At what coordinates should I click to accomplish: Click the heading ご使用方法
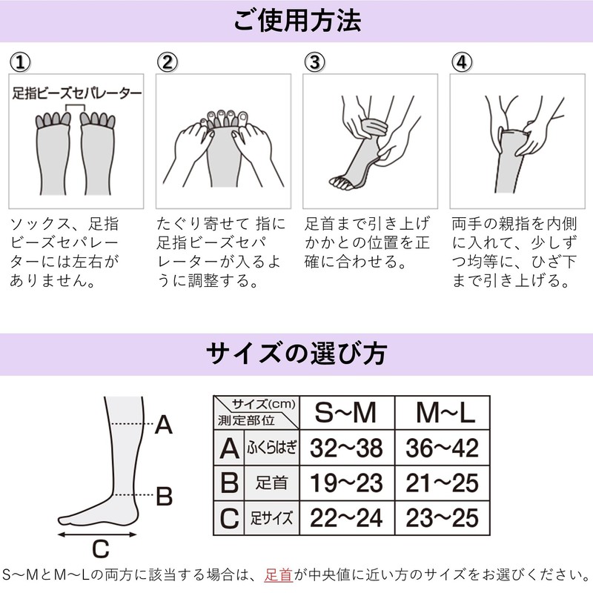296,21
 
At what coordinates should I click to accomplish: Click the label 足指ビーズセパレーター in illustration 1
77,94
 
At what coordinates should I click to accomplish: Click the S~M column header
345,413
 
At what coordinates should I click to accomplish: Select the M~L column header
443,413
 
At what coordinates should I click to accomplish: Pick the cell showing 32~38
345,448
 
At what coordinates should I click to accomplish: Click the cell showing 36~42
443,448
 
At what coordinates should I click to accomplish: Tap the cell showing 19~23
345,483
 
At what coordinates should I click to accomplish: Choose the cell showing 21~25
443,483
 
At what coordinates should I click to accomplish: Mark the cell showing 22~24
345,517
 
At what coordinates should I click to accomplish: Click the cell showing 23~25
443,517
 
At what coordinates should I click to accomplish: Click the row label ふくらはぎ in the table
270,448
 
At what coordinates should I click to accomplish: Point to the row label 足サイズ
270,517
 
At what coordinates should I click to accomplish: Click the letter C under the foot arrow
101,549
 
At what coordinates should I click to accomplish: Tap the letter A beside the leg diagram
164,425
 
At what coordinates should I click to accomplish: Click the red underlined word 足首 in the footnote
279,574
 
